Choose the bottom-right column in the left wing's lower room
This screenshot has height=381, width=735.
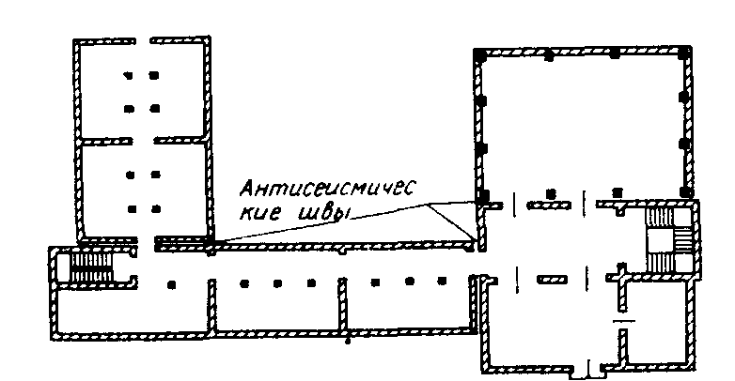point(155,207)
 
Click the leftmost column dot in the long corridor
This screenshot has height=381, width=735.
point(170,282)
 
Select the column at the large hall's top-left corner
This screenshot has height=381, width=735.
point(479,56)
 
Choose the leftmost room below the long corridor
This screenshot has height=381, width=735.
point(131,311)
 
